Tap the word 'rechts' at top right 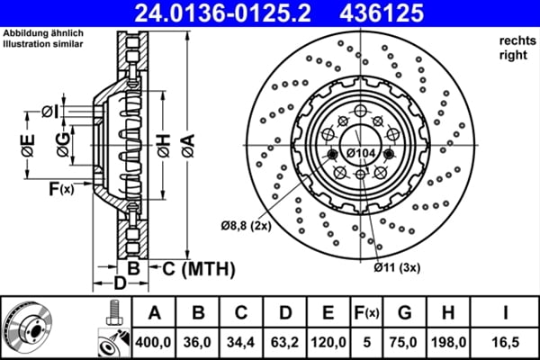tap(515, 41)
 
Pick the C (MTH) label tap(192, 268)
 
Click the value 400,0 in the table tap(154, 342)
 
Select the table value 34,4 tap(241, 342)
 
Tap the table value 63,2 tap(284, 342)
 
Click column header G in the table tap(404, 312)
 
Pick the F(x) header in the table tap(366, 313)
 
